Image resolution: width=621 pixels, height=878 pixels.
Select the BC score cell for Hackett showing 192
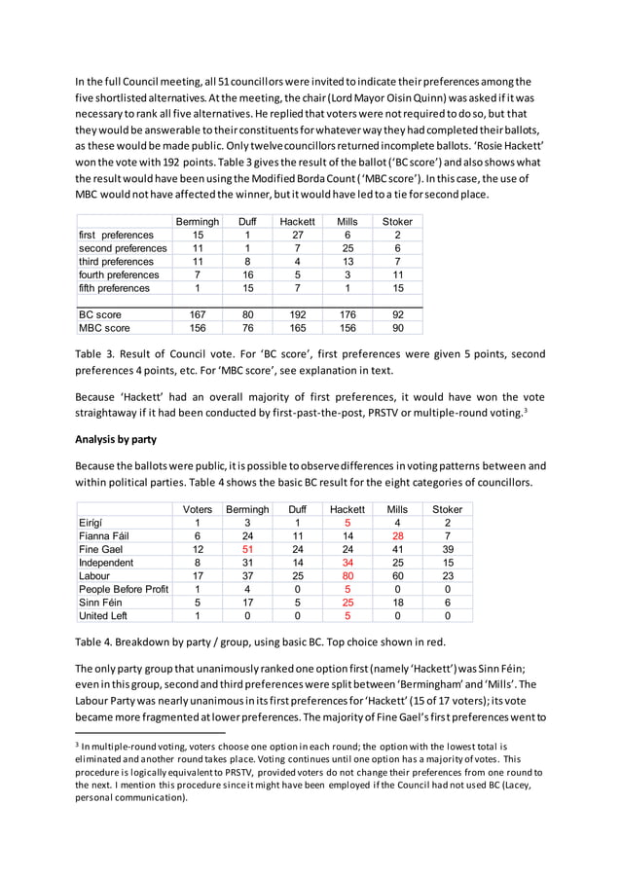pyautogui.click(x=298, y=314)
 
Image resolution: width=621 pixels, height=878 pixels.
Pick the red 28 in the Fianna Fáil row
pyautogui.click(x=397, y=535)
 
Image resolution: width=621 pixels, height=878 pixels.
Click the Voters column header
pyautogui.click(x=198, y=509)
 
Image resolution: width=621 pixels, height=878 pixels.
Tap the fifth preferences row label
pyautogui.click(x=114, y=288)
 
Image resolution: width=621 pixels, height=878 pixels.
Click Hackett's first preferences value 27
pyautogui.click(x=298, y=235)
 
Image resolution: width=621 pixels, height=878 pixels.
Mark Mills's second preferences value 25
pyautogui.click(x=348, y=248)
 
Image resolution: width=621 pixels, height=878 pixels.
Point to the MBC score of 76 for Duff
pyautogui.click(x=247, y=328)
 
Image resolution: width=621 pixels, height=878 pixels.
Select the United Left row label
pyautogui.click(x=103, y=615)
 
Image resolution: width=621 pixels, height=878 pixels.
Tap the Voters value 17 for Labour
pyautogui.click(x=198, y=575)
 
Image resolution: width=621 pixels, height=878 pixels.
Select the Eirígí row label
pyautogui.click(x=92, y=523)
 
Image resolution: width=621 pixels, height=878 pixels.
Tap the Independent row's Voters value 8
pyautogui.click(x=198, y=563)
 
